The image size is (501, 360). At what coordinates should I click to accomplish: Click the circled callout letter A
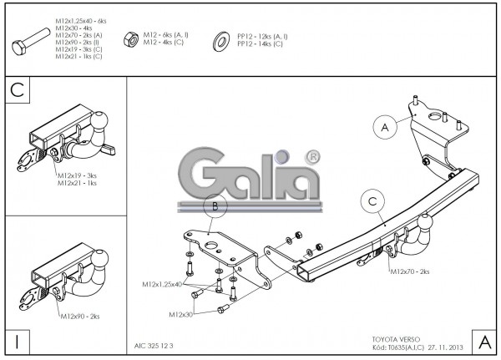click(x=385, y=128)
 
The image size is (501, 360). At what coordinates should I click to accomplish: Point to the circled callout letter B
click(x=215, y=205)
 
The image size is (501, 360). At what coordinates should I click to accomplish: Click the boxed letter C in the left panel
click(x=16, y=90)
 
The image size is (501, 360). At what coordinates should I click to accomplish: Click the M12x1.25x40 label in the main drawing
click(x=163, y=285)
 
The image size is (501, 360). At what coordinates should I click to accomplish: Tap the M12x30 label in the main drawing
click(x=181, y=315)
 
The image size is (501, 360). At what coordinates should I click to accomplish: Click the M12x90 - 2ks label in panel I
click(x=80, y=317)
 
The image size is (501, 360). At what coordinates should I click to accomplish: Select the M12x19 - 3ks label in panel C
click(x=78, y=175)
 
